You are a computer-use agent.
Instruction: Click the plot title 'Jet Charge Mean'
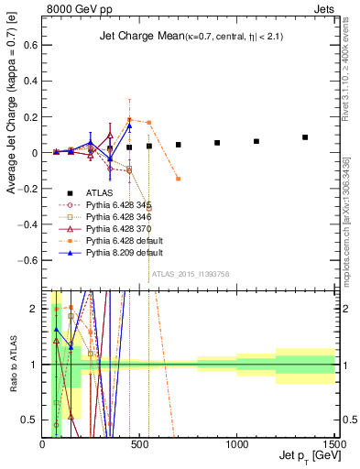(x=136, y=37)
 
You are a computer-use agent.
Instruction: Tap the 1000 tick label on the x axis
(x=236, y=443)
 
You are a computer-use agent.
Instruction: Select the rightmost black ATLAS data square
(x=305, y=137)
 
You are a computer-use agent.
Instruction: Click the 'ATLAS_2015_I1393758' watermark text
(x=190, y=273)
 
